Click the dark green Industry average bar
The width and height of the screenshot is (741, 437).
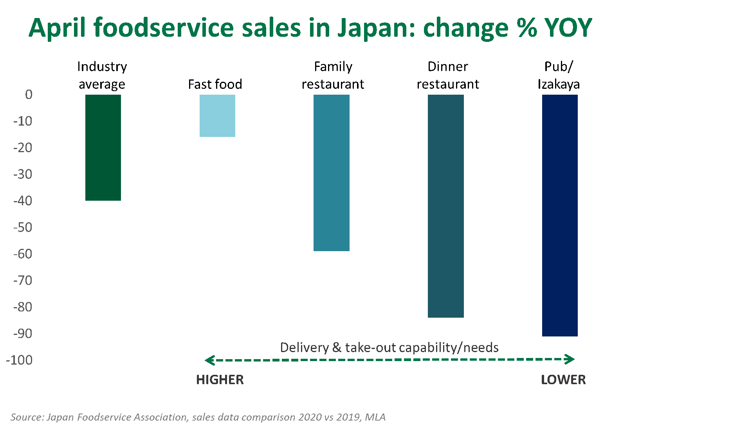[x=103, y=147]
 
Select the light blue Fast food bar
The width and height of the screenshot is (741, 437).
[x=217, y=116]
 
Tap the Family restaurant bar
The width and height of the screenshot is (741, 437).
[x=332, y=173]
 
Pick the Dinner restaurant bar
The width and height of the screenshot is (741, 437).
[x=446, y=206]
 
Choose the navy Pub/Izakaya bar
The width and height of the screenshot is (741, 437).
[x=560, y=216]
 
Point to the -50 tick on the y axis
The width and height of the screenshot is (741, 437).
[x=23, y=227]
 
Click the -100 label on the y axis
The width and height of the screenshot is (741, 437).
[x=20, y=360]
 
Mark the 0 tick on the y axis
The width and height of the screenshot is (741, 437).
[x=29, y=95]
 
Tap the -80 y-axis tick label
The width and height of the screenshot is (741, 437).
[x=23, y=307]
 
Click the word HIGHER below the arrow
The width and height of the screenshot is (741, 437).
[x=220, y=380]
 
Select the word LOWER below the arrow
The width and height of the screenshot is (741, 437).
[x=563, y=380]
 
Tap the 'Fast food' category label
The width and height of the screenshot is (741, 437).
[x=215, y=84]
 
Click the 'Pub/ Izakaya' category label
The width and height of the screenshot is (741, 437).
[x=559, y=76]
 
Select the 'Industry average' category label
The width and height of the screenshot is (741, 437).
[x=102, y=76]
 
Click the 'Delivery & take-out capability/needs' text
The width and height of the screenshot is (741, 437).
[x=389, y=347]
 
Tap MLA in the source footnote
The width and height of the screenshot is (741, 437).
[x=375, y=417]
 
